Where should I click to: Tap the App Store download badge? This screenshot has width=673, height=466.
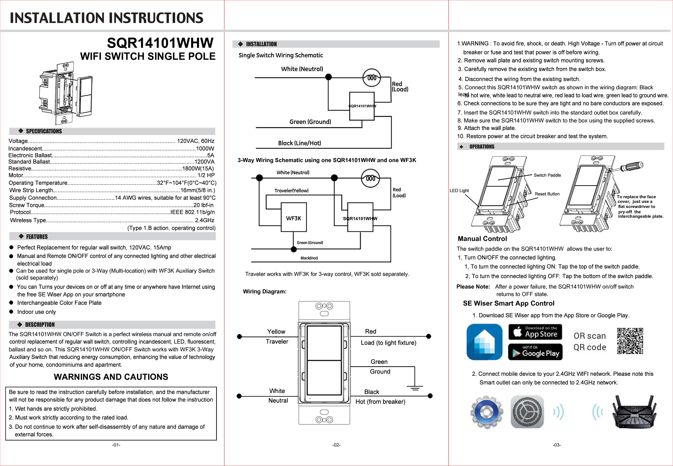tap(535, 332)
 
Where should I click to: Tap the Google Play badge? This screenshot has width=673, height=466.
tap(535, 352)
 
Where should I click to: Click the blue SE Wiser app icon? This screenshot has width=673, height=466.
tap(484, 342)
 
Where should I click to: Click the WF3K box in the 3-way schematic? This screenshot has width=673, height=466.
tap(294, 217)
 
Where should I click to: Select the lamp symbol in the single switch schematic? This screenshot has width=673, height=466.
tap(371, 78)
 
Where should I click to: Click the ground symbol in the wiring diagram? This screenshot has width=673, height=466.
tap(415, 388)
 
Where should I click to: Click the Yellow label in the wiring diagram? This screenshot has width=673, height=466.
tap(276, 332)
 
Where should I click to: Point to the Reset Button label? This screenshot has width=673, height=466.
tap(547, 194)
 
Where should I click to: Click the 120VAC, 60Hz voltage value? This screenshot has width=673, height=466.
tap(196, 141)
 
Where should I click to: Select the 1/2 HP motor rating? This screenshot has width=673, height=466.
tap(206, 175)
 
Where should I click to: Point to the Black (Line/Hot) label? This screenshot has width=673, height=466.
tap(300, 143)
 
